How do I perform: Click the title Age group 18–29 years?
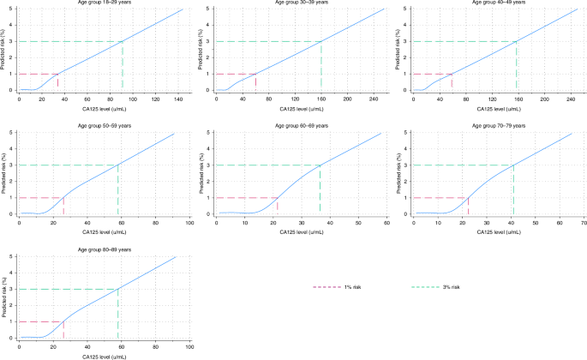[x=101, y=3]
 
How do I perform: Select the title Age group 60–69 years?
[x=297, y=127]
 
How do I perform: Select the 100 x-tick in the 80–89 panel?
[x=189, y=346]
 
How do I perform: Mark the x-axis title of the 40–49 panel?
[x=494, y=109]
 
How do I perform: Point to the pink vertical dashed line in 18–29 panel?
[x=58, y=81]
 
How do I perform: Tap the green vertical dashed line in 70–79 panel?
[x=512, y=189]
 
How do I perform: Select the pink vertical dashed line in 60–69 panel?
[x=277, y=206]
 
